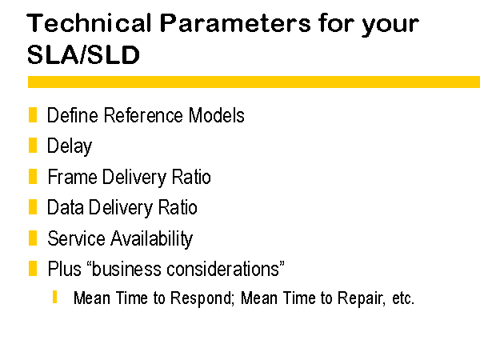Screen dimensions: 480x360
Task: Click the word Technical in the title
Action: [89, 23]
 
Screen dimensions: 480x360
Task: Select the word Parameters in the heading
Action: [235, 23]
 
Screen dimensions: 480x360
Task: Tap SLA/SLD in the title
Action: [83, 54]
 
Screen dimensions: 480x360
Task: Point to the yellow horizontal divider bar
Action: [254, 82]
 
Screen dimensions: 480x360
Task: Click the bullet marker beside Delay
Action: [33, 145]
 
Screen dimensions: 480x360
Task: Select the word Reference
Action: [144, 115]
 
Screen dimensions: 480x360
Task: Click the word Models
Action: [217, 115]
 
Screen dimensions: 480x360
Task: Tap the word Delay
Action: [70, 146]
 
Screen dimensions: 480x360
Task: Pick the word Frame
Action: [73, 177]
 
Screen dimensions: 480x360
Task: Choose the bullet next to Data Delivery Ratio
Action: [33, 206]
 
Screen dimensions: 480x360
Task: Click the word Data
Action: [66, 207]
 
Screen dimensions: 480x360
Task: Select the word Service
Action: [76, 238]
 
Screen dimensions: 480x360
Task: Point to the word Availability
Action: [151, 239]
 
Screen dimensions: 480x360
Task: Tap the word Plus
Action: [65, 269]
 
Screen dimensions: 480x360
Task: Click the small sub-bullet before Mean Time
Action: [54, 297]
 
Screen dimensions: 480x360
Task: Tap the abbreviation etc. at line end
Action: [403, 298]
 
